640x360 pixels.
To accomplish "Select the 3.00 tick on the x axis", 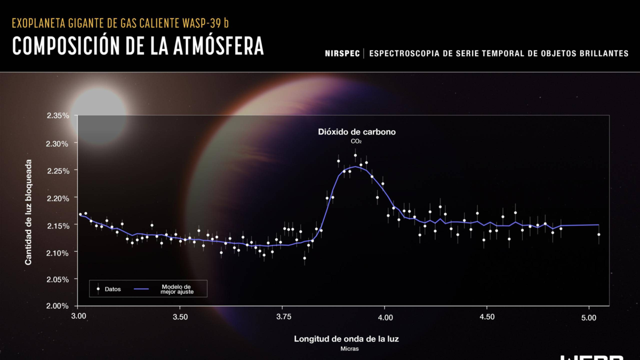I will (x=78, y=317).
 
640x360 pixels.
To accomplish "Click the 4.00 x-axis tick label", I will (x=385, y=317).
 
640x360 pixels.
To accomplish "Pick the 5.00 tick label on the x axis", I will (x=589, y=317).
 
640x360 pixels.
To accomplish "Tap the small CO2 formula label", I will (x=356, y=141).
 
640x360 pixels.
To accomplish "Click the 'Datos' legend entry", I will (x=113, y=289).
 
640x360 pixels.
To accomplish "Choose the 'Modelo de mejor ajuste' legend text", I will (x=175, y=289).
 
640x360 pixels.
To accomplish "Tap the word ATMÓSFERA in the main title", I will (x=219, y=46).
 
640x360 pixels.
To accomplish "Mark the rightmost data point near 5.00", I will (x=599, y=234).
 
